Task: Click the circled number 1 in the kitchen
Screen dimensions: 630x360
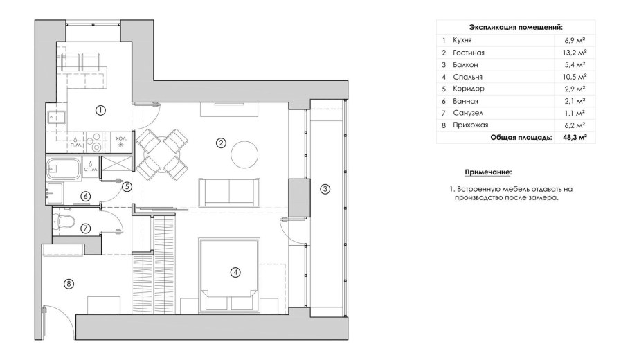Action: tap(100, 110)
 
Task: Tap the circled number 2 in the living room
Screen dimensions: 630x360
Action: tap(221, 143)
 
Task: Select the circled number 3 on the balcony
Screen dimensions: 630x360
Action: tap(325, 189)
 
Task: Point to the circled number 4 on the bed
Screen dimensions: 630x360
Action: tap(235, 272)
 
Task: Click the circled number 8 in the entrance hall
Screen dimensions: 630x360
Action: tap(69, 285)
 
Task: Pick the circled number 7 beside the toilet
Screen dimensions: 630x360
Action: tap(85, 228)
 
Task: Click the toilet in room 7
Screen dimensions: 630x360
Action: tap(64, 221)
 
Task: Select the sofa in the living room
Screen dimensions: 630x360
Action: tap(229, 191)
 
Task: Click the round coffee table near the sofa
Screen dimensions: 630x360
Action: tap(244, 154)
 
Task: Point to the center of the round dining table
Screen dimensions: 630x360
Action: tap(161, 154)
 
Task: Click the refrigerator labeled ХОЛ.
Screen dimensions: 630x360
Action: tap(121, 142)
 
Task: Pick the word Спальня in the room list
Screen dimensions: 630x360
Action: tap(467, 77)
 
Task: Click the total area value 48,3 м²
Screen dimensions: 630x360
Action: tap(574, 137)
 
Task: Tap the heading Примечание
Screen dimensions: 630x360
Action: tap(488, 172)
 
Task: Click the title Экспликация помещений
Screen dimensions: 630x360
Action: tap(516, 27)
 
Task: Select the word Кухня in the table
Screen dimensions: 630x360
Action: tap(462, 40)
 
